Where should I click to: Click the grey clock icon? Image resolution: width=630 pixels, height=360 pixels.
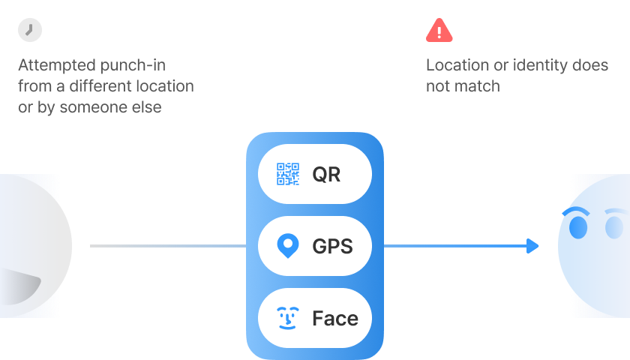click(x=30, y=30)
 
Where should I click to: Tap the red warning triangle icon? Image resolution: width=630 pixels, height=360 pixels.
click(x=439, y=31)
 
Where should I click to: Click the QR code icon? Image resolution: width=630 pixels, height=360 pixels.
click(x=288, y=174)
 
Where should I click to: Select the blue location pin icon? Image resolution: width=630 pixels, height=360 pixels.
click(x=288, y=245)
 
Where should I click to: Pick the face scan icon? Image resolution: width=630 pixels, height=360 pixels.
click(x=288, y=318)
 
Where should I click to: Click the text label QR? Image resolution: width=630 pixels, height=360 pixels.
click(x=326, y=174)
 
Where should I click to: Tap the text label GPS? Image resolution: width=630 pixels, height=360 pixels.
click(x=332, y=246)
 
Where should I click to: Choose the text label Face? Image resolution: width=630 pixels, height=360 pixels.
click(x=335, y=318)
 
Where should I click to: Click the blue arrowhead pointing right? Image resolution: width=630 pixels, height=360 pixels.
click(x=532, y=246)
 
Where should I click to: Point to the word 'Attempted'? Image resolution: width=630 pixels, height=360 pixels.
click(x=57, y=65)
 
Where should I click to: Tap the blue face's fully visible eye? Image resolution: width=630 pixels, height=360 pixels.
click(x=578, y=227)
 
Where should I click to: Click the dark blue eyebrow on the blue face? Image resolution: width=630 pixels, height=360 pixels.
click(x=575, y=211)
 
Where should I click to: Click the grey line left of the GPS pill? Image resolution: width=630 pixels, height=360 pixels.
click(x=168, y=246)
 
